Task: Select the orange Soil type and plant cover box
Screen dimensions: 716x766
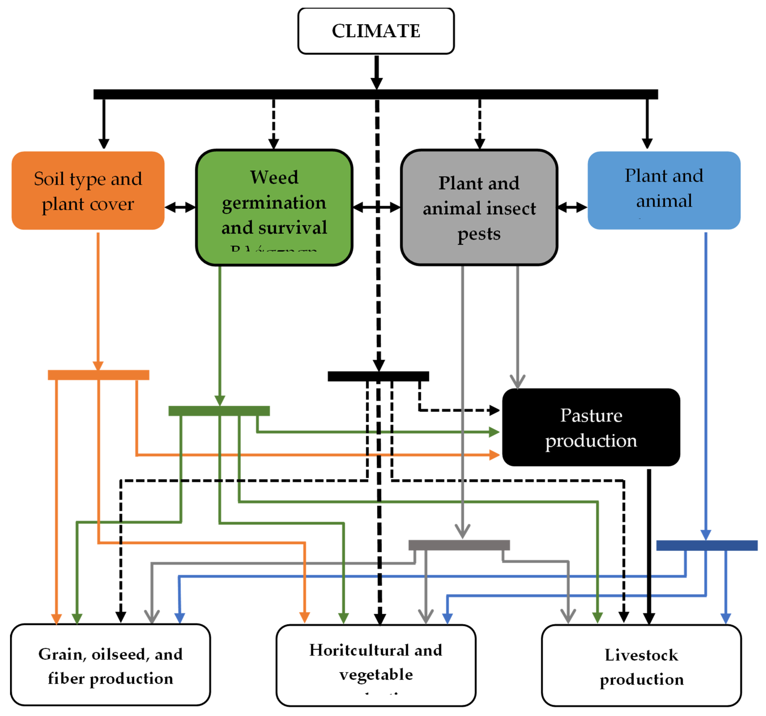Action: [88, 190]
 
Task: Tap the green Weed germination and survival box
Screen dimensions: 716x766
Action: [274, 207]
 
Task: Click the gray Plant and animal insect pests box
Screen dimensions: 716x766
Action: [479, 207]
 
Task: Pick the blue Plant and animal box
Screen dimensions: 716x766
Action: [664, 190]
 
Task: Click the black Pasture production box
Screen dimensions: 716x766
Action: [591, 427]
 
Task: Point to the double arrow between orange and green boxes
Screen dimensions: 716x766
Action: [180, 207]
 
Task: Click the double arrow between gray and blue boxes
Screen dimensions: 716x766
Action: [572, 207]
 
